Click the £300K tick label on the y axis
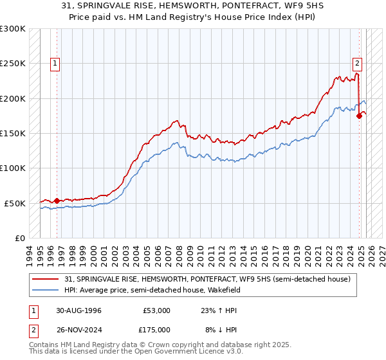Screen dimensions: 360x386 coord(13,29)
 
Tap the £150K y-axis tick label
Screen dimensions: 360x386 coord(13,133)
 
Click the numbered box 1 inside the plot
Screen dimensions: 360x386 coord(55,64)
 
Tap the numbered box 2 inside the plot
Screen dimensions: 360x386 coord(357,64)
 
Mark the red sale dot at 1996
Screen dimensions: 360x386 coord(57,201)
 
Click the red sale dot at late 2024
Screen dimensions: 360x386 coord(360,116)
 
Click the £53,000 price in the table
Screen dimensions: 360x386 coord(157,310)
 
